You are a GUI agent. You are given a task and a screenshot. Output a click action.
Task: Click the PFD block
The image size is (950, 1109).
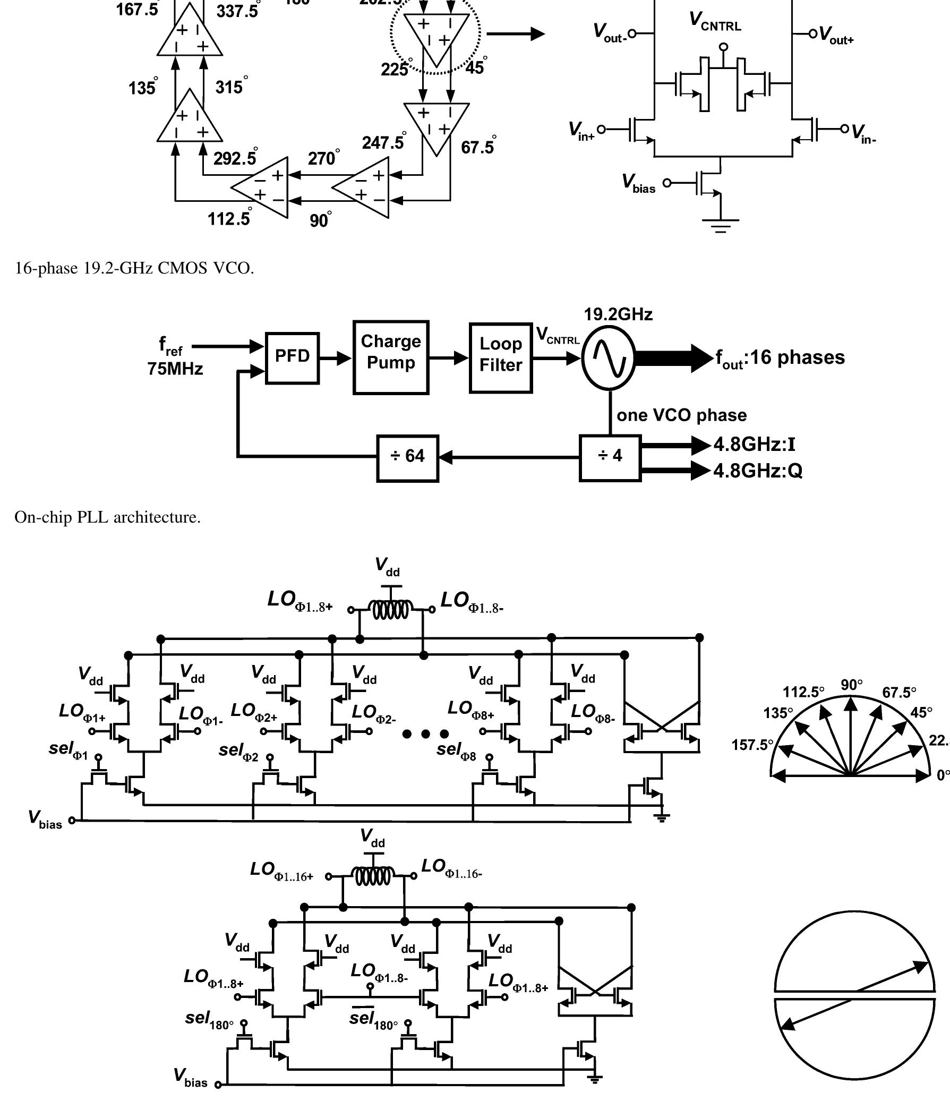[x=292, y=358]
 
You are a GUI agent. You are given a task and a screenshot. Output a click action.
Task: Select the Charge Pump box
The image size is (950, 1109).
[x=391, y=357]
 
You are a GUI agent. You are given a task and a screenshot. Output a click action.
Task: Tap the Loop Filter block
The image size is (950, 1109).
[x=500, y=357]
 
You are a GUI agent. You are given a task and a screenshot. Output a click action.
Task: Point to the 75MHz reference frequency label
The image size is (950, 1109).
[x=175, y=369]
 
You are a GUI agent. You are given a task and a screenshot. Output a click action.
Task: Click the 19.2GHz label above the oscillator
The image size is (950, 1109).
[x=618, y=314]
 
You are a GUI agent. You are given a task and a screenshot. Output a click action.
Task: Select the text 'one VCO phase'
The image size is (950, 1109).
[x=681, y=415]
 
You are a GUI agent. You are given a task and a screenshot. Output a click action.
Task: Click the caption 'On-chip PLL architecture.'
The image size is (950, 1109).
[x=108, y=517]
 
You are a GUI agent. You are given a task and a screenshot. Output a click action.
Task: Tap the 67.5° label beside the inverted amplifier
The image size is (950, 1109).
[x=478, y=146]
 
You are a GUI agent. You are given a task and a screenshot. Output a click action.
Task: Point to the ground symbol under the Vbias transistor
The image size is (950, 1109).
[x=721, y=224]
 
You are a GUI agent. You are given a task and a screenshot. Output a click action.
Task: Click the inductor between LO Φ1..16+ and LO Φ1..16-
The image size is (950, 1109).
[x=373, y=877]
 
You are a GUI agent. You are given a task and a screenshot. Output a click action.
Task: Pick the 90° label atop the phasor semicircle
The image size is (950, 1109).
[x=852, y=685]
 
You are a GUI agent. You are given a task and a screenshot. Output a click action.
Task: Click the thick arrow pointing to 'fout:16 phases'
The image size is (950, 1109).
[x=674, y=358]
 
